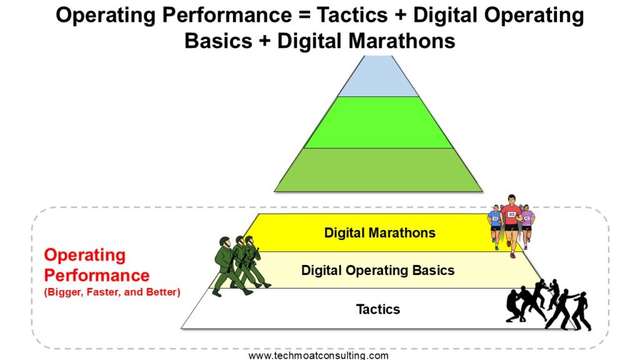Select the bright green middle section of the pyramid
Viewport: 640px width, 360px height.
378,122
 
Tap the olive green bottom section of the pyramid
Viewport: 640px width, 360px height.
378,170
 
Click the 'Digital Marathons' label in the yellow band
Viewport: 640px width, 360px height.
379,232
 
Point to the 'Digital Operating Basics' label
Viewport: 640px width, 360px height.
377,270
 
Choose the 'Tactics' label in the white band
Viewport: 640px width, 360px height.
378,309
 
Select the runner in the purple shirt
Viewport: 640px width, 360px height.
527,226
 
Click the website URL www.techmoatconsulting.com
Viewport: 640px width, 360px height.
318,355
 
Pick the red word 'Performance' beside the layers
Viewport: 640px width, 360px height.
97,276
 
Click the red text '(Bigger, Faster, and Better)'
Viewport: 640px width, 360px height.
112,292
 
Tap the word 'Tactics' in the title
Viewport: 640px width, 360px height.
352,16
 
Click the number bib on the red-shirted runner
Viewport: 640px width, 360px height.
511,214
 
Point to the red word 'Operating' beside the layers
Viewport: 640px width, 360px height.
85,256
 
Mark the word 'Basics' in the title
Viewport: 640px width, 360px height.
218,41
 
